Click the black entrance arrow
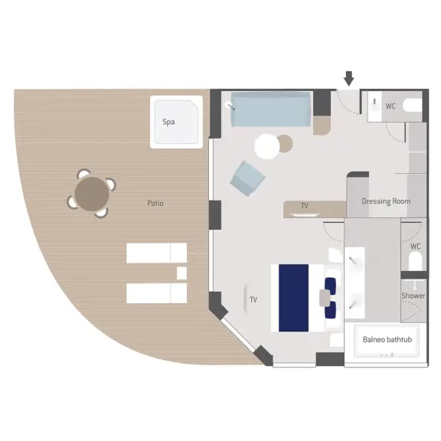click(x=349, y=78)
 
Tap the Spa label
click(x=168, y=122)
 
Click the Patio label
click(x=155, y=203)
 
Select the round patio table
click(x=92, y=193)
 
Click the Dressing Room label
click(x=386, y=201)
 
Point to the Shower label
click(x=413, y=296)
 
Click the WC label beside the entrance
click(x=390, y=106)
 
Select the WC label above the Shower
click(x=415, y=247)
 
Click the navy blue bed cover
click(x=293, y=297)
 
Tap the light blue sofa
click(x=270, y=109)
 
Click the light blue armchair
click(x=249, y=178)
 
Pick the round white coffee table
click(x=268, y=145)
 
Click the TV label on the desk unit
click(x=304, y=206)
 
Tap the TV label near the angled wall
click(x=253, y=300)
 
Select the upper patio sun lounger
click(x=156, y=253)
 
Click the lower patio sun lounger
click(x=156, y=292)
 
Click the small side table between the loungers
click(x=181, y=273)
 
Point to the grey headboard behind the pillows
click(x=321, y=297)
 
